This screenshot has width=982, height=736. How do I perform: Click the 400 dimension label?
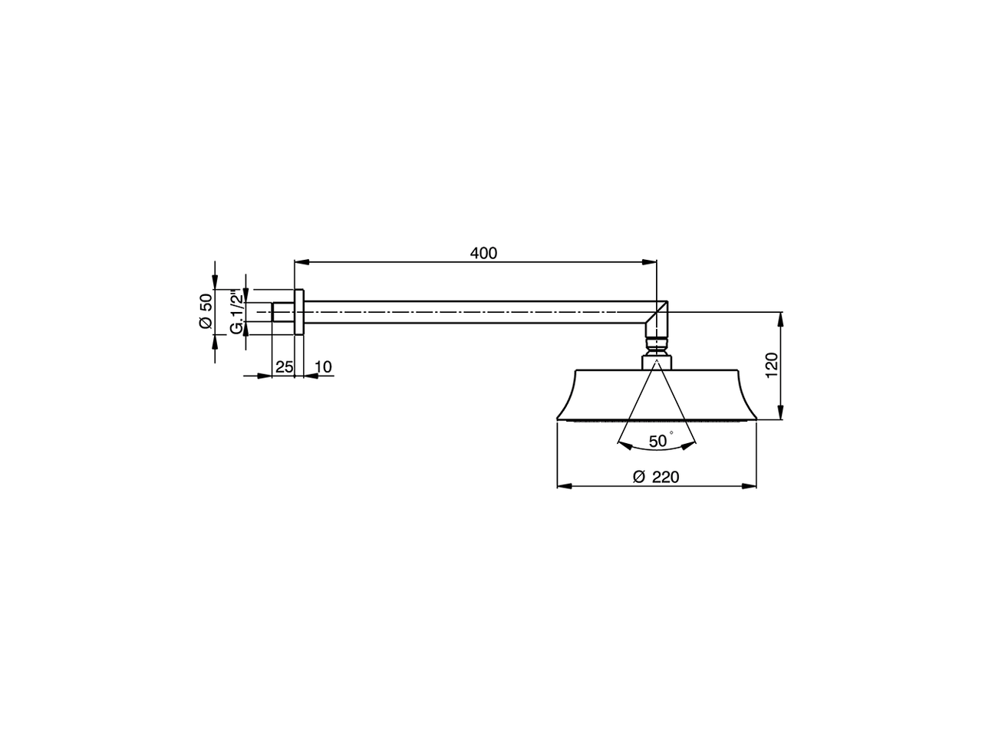[483, 253]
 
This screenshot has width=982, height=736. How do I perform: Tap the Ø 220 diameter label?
[656, 478]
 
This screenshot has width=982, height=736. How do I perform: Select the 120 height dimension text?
[773, 365]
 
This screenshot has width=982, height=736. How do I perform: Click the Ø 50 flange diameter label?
[206, 311]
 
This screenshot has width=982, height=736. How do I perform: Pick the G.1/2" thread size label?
[238, 312]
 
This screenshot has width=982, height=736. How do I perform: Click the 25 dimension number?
[284, 367]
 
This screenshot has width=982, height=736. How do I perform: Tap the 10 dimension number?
[323, 367]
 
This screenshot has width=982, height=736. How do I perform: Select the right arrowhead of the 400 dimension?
[649, 262]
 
